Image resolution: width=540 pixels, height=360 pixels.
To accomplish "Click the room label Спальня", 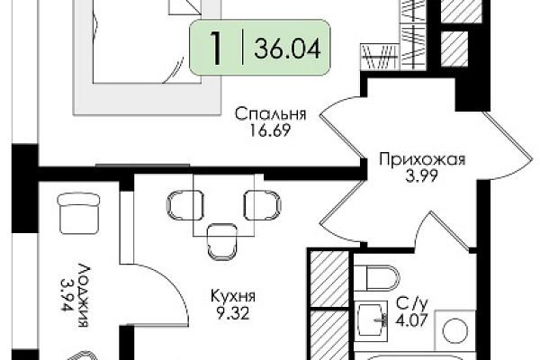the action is (270, 114).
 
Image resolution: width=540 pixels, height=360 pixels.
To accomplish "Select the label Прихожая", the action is (422, 160).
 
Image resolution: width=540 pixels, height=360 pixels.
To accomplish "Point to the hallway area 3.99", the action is (421, 175).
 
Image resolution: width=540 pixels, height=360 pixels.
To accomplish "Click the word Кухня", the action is (233, 296).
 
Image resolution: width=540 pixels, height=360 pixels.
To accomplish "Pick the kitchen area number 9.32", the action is (233, 313).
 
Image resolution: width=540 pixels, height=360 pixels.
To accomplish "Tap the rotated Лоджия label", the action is (83, 295).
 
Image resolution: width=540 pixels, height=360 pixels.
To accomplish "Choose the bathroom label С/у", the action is (411, 304).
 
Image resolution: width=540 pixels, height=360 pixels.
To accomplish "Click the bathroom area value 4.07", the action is (412, 321).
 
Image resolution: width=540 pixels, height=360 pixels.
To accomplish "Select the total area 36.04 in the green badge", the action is (287, 48).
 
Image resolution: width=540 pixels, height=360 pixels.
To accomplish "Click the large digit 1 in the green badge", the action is (216, 48).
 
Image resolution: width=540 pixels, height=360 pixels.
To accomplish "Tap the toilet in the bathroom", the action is (376, 277).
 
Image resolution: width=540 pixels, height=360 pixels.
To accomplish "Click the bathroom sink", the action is (372, 319).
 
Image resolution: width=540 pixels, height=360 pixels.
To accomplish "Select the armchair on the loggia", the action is (78, 213).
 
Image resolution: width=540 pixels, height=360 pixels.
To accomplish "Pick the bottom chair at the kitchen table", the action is (222, 241).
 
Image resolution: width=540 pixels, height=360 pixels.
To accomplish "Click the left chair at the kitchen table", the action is (184, 206).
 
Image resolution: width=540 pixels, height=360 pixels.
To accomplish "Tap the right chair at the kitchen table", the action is (263, 206).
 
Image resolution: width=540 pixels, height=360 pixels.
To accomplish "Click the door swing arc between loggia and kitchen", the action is (175, 283).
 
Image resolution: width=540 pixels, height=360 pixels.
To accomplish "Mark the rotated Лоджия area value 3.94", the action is (67, 295).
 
